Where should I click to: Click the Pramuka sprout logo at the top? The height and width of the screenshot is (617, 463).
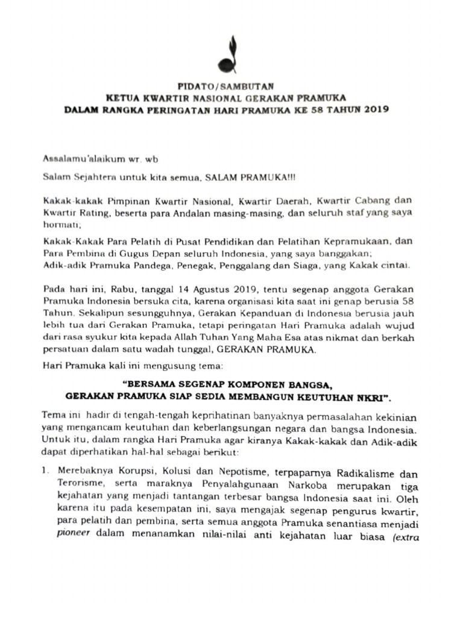tap(228, 54)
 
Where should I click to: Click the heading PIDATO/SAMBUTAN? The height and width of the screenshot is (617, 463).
tap(231, 87)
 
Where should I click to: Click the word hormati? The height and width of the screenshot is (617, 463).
tap(59, 224)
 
